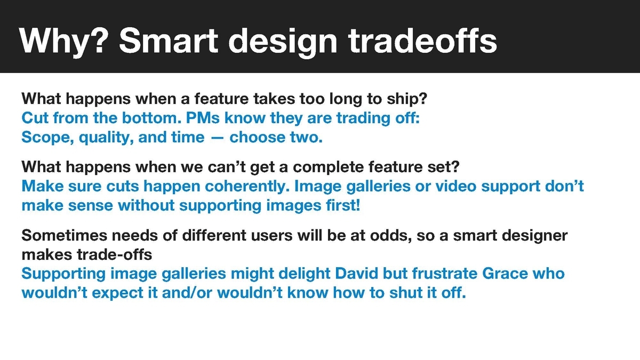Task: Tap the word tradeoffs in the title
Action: click(x=422, y=41)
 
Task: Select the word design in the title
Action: click(x=283, y=42)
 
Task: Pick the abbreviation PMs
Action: click(x=203, y=118)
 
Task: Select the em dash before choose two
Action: click(x=217, y=138)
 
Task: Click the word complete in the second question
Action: click(x=329, y=167)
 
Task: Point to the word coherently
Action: click(x=247, y=187)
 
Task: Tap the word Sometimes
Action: click(x=64, y=235)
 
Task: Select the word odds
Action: click(x=391, y=236)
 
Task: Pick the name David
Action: click(x=357, y=274)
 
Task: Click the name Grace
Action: click(x=505, y=274)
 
